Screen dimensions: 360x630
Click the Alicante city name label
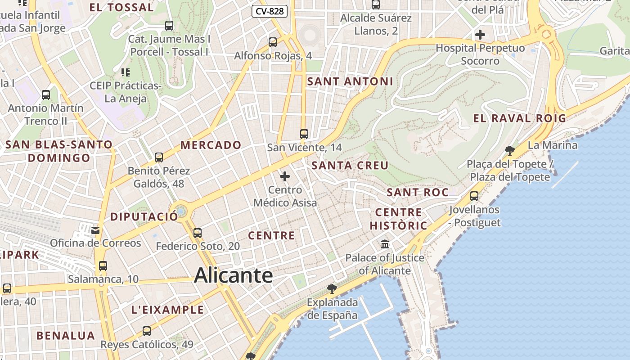pyautogui.click(x=233, y=275)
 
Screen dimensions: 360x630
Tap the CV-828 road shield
pyautogui.click(x=270, y=11)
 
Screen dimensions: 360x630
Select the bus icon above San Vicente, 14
pyautogui.click(x=304, y=134)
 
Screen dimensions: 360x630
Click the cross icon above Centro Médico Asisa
pyautogui.click(x=285, y=176)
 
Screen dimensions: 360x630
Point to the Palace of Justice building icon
pyautogui.click(x=385, y=244)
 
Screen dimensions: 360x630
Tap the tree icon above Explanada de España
pyautogui.click(x=332, y=288)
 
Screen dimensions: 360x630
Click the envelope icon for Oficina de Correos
pyautogui.click(x=95, y=230)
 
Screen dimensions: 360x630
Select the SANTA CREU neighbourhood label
pyautogui.click(x=350, y=166)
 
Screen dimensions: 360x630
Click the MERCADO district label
pyautogui.click(x=211, y=145)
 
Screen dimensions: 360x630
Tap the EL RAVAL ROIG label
pyautogui.click(x=519, y=118)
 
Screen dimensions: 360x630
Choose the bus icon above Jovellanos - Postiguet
pyautogui.click(x=474, y=196)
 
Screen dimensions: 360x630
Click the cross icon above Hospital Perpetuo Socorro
pyautogui.click(x=480, y=34)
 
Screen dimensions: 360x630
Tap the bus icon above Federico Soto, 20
pyautogui.click(x=198, y=233)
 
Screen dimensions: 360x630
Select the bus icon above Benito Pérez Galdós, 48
pyautogui.click(x=159, y=157)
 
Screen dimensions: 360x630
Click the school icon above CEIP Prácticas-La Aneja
pyautogui.click(x=126, y=72)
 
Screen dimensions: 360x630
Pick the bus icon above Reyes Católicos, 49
pyautogui.click(x=147, y=331)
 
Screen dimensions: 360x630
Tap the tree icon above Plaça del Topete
pyautogui.click(x=509, y=150)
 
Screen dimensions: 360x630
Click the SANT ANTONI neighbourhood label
pyautogui.click(x=350, y=81)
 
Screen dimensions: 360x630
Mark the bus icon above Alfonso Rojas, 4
pyautogui.click(x=273, y=42)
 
